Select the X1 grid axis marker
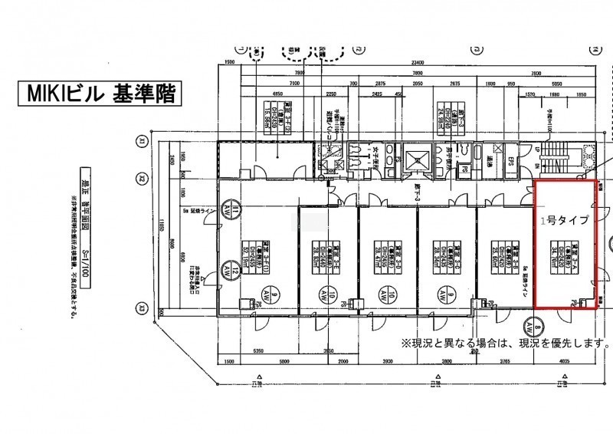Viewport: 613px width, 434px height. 142,140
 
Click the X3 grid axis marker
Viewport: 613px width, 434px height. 142,308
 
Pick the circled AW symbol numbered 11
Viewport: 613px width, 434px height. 228,208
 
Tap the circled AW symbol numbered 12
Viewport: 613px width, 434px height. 228,269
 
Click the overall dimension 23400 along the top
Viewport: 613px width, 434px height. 418,62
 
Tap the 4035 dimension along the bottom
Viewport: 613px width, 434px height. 566,360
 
